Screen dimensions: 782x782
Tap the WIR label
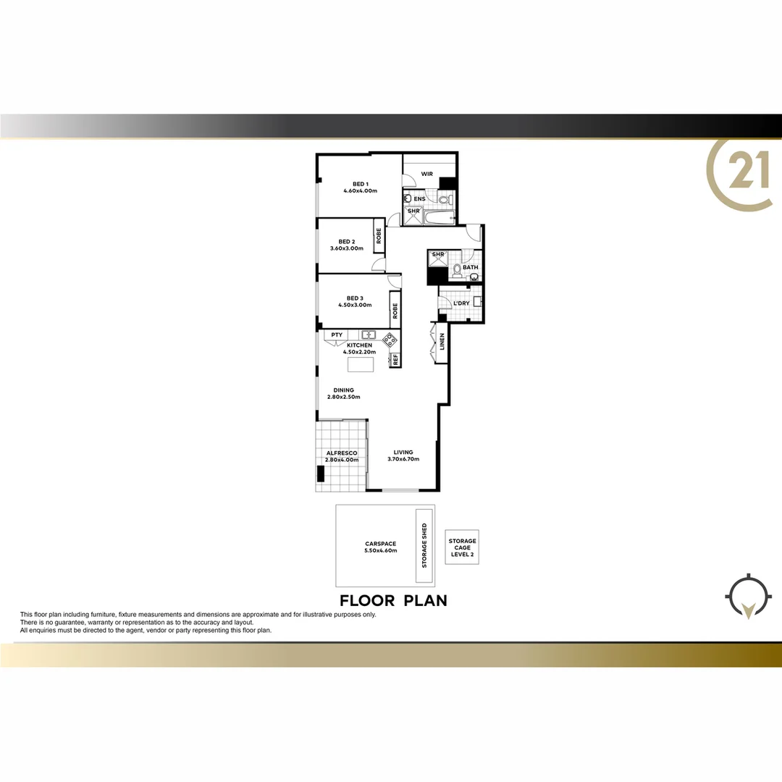[x=426, y=174]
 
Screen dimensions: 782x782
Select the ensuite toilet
[x=450, y=198]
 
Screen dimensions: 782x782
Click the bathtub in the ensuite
[x=437, y=216]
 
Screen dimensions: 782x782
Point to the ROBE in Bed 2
[x=378, y=235]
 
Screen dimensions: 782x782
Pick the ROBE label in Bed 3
[x=395, y=311]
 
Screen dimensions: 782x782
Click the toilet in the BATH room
[x=455, y=271]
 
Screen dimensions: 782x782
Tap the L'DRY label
[x=461, y=303]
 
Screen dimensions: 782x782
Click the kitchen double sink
[x=368, y=335]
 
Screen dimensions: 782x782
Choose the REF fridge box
[x=395, y=358]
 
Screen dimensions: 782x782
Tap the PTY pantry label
[x=337, y=335]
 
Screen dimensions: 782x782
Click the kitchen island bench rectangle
[x=361, y=364]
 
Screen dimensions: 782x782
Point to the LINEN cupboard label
[x=442, y=346]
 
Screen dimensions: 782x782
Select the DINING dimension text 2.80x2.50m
[x=344, y=397]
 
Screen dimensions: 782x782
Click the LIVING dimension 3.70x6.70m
[x=403, y=459]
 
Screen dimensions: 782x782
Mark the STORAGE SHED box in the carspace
[x=424, y=545]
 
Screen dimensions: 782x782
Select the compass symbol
[x=745, y=598]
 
